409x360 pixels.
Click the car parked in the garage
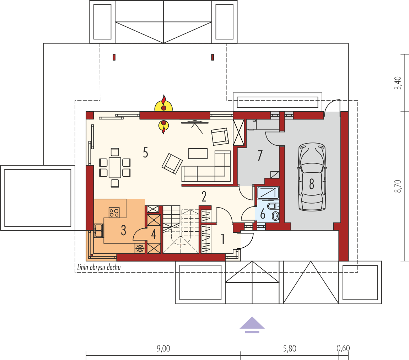point(312,178)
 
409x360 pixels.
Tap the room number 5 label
point(145,153)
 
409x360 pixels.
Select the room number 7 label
point(260,155)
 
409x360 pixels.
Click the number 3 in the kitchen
point(123,231)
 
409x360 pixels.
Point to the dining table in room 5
point(115,168)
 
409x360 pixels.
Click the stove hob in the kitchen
point(114,213)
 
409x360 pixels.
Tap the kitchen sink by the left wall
point(98,230)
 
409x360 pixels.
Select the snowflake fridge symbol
point(140,248)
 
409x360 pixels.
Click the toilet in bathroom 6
point(275,215)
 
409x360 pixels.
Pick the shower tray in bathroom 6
point(268,193)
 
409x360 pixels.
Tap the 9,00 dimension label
point(163,348)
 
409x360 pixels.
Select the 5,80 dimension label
point(290,348)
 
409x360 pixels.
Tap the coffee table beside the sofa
point(198,153)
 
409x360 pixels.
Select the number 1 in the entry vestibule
point(223,240)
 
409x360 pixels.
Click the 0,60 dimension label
point(343,348)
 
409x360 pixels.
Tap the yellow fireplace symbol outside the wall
point(163,104)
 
